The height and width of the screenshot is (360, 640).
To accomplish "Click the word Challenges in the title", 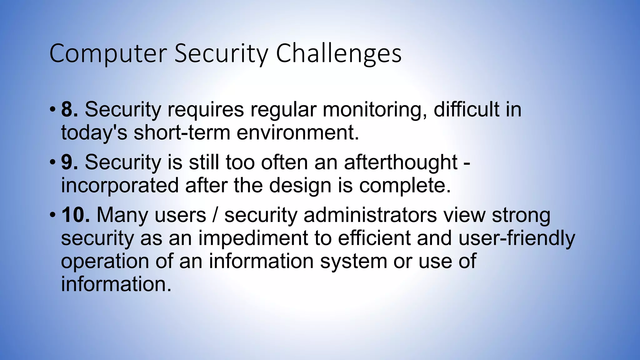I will pos(338,54).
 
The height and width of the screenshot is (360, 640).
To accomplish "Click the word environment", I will pos(297,132).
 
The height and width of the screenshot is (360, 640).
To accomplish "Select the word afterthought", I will pos(401,162).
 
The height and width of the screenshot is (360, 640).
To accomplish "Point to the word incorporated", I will pos(119,185).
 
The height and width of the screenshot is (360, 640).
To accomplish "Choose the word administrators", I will pos(370,215).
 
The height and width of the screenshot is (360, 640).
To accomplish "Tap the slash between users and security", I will pos(215,215).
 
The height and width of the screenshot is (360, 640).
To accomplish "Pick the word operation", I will pos(105,261).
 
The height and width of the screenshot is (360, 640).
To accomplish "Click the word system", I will pos(353,261).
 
